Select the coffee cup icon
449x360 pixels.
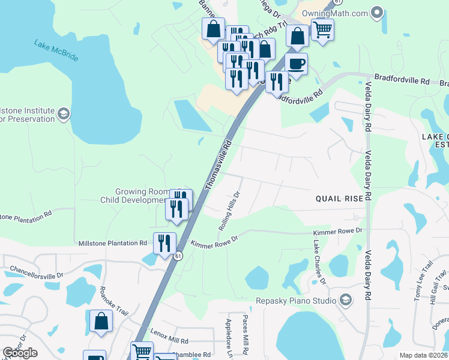pos(295,63)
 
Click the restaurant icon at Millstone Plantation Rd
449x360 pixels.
pos(164,243)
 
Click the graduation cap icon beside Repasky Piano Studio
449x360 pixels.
pos(346,299)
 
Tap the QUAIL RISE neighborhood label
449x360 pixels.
pos(340,199)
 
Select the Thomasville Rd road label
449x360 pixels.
pos(218,165)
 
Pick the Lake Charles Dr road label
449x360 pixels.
pos(319,263)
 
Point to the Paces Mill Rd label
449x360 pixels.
pos(246,335)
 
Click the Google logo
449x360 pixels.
pos(20,353)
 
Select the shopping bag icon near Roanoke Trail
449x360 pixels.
pos(101,321)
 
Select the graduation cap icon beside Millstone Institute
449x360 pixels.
pos(63,114)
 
